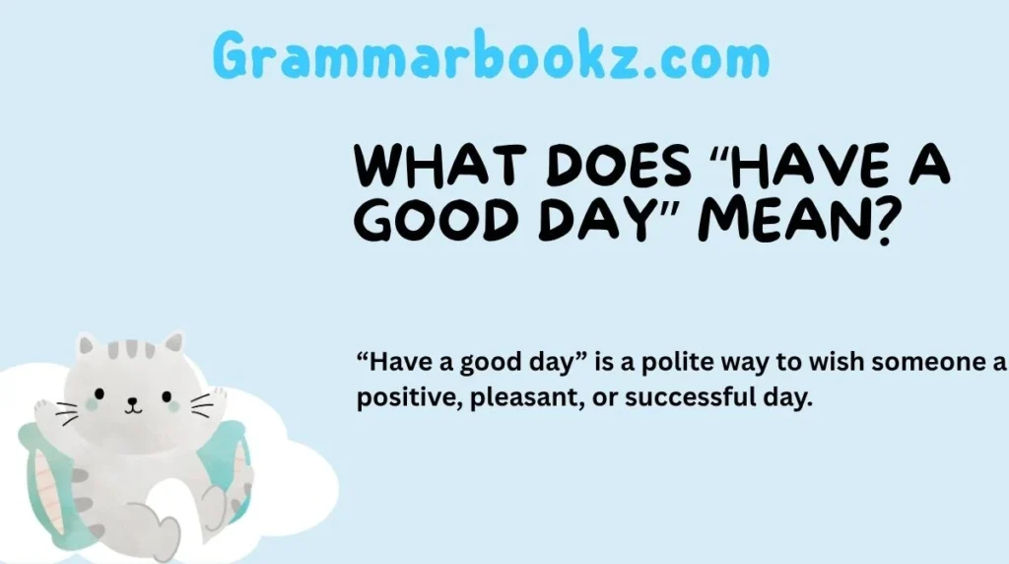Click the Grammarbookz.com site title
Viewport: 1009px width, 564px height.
[491, 58]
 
